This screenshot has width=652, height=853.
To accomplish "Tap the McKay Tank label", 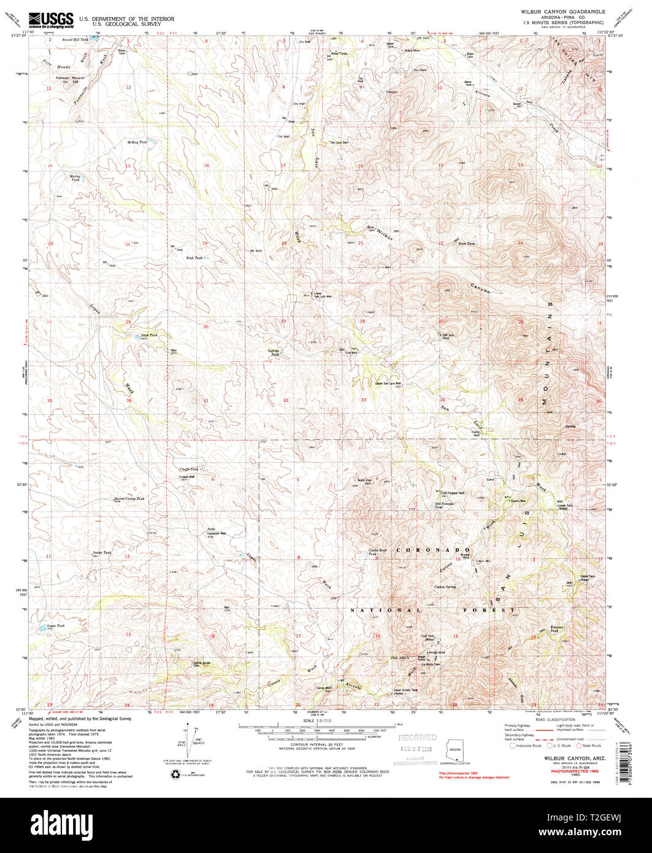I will point(137,142).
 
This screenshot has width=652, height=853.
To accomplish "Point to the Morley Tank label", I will point(74,178).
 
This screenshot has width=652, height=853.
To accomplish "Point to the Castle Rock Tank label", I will point(378,552).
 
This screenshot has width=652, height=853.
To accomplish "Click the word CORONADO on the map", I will point(433,550).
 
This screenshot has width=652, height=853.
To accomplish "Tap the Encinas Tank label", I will point(554,629).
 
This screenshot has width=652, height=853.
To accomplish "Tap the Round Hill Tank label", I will point(75,39).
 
